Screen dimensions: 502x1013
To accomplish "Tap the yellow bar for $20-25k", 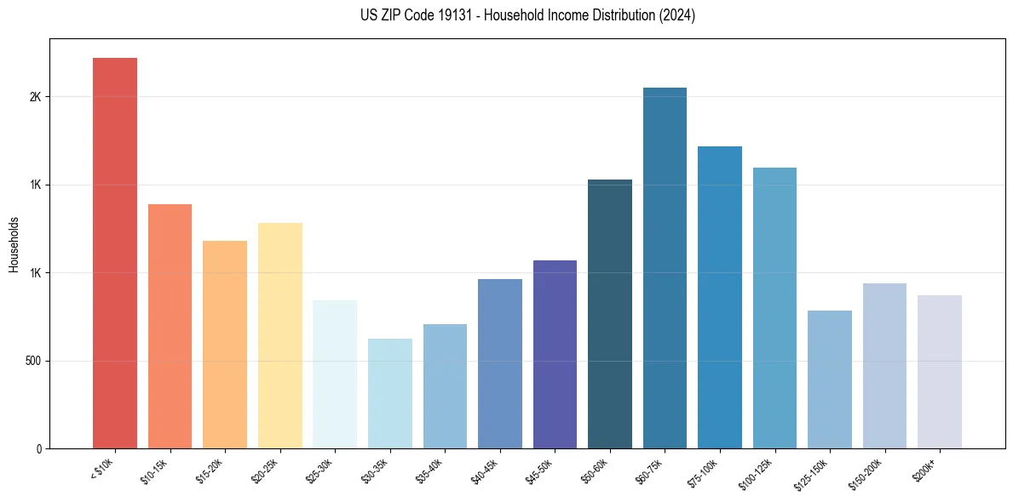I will click(279, 335).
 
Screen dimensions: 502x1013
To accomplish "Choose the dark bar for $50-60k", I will click(610, 314).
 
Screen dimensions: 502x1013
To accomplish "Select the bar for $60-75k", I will click(665, 268).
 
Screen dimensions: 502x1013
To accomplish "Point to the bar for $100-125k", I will click(774, 308).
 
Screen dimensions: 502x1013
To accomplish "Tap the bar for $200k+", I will click(940, 372).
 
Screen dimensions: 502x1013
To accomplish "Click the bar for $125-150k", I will click(830, 379).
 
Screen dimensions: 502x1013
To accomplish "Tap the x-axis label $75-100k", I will click(705, 471).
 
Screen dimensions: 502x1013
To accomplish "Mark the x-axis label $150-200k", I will click(869, 472).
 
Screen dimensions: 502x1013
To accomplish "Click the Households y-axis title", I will click(14, 244).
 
